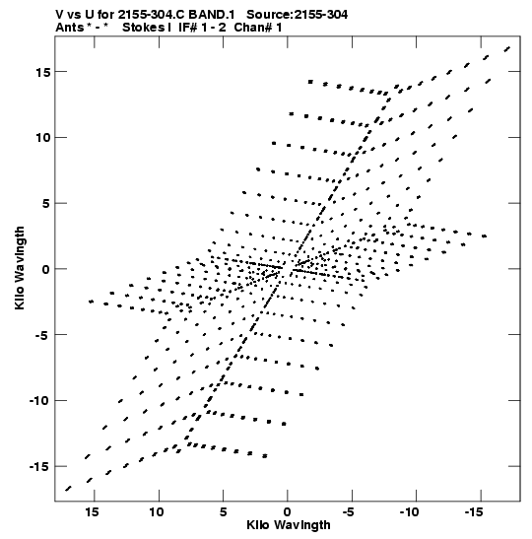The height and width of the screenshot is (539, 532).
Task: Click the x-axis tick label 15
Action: point(92,512)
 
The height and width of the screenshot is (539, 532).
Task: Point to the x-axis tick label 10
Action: point(156,512)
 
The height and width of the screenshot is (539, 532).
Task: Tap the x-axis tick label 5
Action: point(223,512)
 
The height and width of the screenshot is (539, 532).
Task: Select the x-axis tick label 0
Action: point(288,512)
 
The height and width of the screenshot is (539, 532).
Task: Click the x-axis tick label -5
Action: point(348,512)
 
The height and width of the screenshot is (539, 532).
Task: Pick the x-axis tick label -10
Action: point(409,512)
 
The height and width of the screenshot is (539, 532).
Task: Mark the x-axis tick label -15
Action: point(474,512)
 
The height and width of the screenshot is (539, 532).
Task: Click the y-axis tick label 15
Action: point(43,72)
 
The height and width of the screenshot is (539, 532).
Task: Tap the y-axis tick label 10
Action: point(43,138)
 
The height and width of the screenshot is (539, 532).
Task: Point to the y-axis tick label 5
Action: point(46,204)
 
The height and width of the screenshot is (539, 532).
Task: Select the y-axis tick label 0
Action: point(46,269)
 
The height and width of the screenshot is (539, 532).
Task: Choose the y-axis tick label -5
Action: point(42,335)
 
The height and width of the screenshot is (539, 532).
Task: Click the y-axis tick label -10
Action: point(39,401)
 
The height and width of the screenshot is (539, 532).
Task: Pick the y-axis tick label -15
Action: point(39,467)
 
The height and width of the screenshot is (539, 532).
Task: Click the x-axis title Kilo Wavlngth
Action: point(289,525)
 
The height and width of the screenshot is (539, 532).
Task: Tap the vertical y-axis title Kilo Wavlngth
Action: point(20,268)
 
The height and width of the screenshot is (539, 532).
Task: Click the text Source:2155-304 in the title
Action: point(297,15)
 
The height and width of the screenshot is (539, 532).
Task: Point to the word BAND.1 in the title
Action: point(212,15)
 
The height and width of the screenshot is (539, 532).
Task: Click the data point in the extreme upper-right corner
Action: point(507,49)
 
